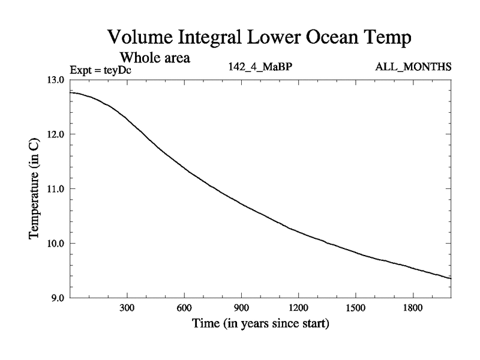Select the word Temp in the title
coord(386,38)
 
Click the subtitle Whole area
coord(155,58)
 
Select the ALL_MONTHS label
coord(413,66)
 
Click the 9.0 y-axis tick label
coord(57,298)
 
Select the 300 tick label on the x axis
coord(127,309)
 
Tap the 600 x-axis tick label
coord(184,309)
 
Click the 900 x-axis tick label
coord(241,309)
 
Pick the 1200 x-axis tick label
coord(298,309)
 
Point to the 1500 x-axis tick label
coord(355,309)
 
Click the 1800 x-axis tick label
coord(413,309)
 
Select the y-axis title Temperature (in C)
coord(35,188)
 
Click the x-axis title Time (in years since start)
coord(260,325)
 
